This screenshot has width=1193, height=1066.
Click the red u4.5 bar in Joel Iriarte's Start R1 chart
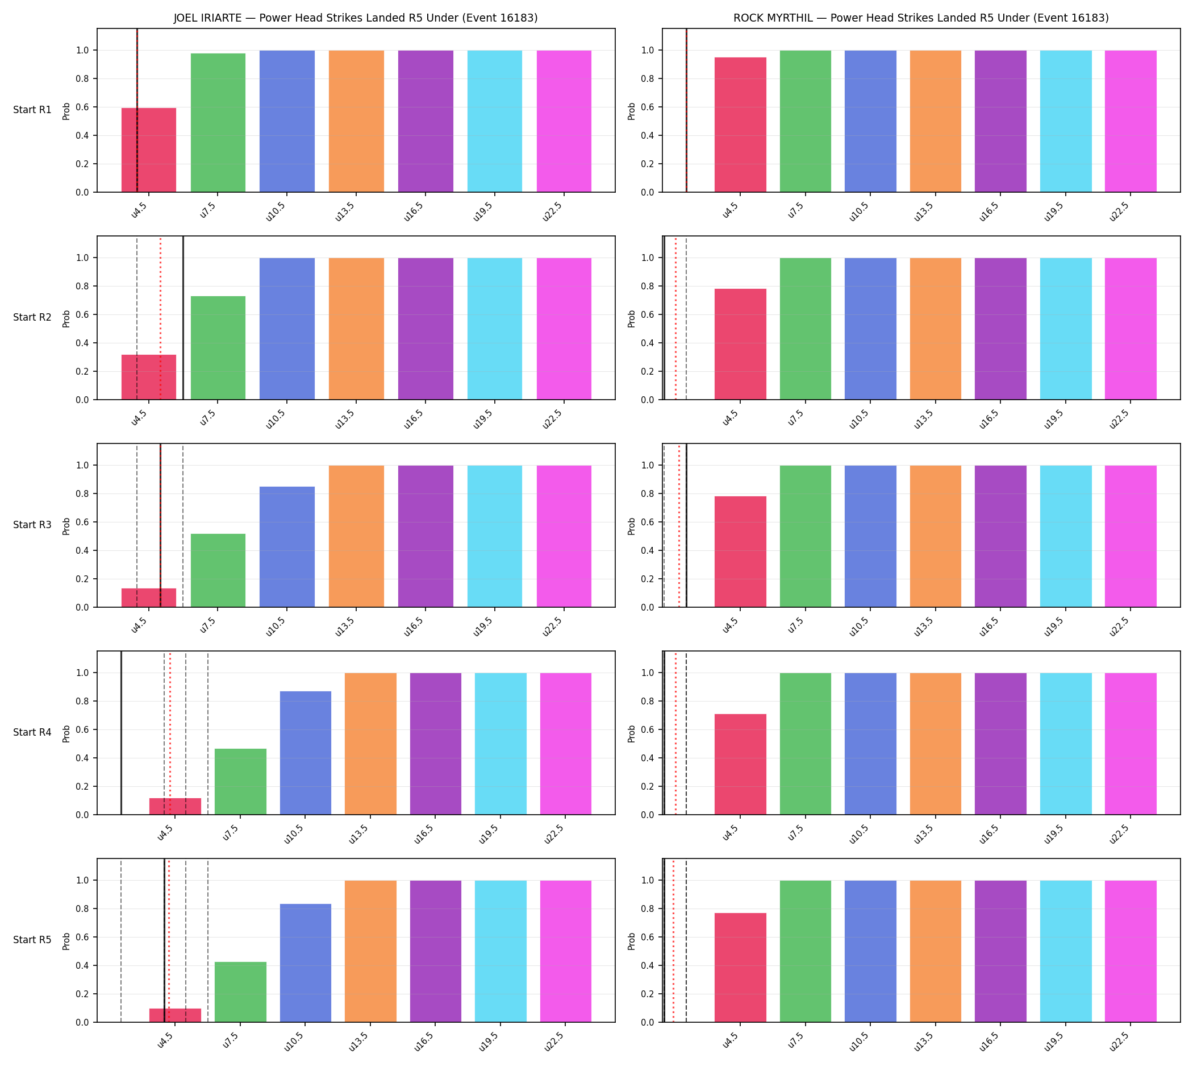pos(149,150)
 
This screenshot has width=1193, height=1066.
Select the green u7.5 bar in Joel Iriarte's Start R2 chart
pos(218,348)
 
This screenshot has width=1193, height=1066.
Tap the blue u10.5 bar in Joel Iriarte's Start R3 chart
pos(287,547)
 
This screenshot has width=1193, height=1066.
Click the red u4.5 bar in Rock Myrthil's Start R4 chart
pos(740,764)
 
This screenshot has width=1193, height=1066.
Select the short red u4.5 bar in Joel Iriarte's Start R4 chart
pos(175,807)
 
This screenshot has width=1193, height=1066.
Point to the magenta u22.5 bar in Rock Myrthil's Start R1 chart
pos(1131,121)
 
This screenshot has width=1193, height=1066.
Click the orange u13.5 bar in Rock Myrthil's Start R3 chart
pos(936,537)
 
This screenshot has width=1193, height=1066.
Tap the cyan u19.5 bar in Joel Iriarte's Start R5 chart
pos(500,952)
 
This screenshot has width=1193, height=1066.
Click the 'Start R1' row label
pos(32,110)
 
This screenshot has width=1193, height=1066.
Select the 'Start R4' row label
pos(32,733)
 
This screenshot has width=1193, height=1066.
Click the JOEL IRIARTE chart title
pos(355,18)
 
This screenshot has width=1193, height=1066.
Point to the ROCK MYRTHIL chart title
pos(921,18)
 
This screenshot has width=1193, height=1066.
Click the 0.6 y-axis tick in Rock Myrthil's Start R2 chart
pos(648,315)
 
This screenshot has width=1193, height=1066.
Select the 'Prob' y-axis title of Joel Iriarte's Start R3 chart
pos(66,526)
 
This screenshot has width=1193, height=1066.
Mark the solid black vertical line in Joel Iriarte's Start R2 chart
pos(183,318)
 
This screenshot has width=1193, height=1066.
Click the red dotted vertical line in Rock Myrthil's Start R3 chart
pos(679,526)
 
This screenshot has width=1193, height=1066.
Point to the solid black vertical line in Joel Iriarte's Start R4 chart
pos(121,733)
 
